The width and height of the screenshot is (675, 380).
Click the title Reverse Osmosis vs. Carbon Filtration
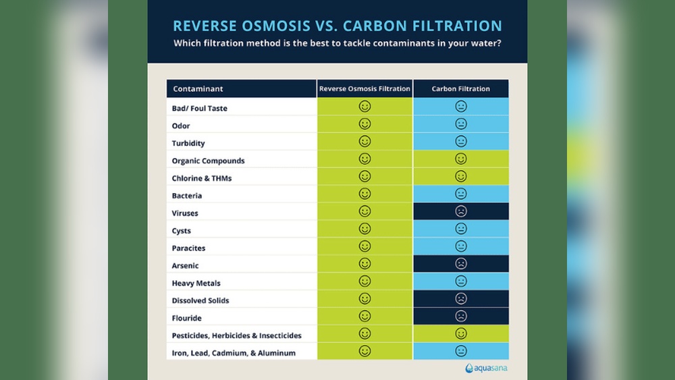(x=337, y=26)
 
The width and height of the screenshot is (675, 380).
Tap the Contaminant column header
(x=198, y=89)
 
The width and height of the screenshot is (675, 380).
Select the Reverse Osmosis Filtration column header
(x=364, y=89)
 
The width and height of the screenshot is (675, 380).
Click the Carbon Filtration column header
(x=461, y=89)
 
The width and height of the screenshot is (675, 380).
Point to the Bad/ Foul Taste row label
(x=199, y=108)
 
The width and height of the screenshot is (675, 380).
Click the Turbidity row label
(x=188, y=143)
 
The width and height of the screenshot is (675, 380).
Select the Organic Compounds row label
(x=208, y=161)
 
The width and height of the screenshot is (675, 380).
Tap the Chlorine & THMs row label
(x=202, y=178)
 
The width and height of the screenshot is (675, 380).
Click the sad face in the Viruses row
(x=461, y=212)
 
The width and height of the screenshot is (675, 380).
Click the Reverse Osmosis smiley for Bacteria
(x=364, y=194)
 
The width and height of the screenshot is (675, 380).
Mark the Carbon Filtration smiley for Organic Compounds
(x=461, y=159)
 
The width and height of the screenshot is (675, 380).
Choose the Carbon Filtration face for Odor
(x=461, y=124)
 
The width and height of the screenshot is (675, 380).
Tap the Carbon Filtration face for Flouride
(x=461, y=317)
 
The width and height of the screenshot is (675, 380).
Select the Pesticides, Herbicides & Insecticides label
(x=236, y=335)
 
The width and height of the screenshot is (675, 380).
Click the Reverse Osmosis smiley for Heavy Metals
(x=364, y=281)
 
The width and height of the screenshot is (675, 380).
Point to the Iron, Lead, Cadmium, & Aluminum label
(x=234, y=353)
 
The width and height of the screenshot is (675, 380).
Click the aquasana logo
(x=486, y=369)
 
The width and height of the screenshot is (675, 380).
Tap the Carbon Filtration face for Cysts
(x=461, y=229)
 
